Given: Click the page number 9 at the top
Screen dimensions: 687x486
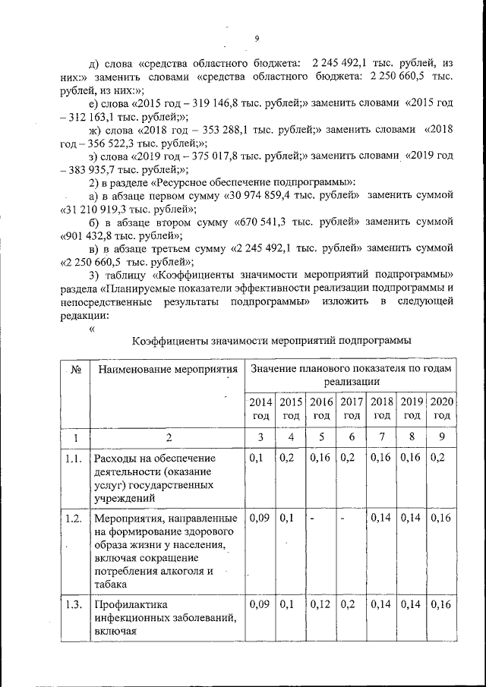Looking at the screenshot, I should (257, 39).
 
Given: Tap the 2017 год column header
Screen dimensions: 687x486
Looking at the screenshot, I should (352, 408).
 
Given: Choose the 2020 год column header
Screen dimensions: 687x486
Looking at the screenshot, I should (442, 408).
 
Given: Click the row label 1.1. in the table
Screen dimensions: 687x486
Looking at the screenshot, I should (74, 459).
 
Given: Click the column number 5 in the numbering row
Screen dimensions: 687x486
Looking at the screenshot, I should (321, 436).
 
